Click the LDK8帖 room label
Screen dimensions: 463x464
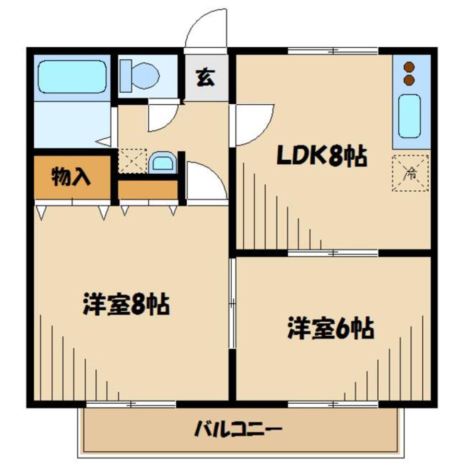[322, 157]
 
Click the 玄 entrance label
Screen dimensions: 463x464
[206, 77]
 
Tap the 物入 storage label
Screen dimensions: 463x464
[71, 177]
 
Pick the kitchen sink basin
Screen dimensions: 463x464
[409, 116]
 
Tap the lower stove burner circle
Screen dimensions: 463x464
[409, 80]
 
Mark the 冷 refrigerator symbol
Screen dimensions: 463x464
[410, 173]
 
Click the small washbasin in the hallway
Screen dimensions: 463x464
[162, 163]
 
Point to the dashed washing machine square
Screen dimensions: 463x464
[132, 161]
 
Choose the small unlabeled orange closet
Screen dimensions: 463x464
[148, 189]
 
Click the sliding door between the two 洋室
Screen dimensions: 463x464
[233, 303]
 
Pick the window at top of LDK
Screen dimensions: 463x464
[333, 51]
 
